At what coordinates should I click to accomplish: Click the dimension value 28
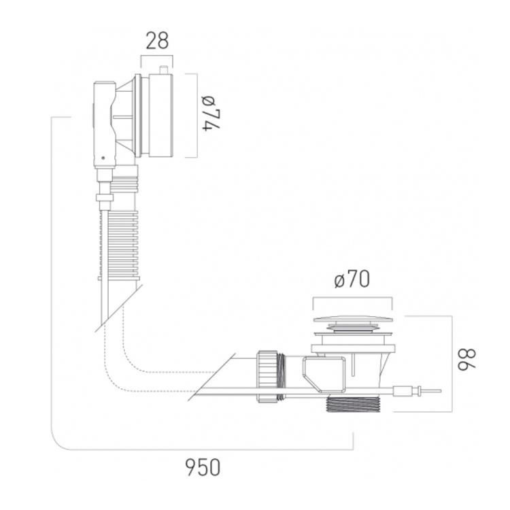point(157,41)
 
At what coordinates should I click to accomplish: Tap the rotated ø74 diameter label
point(214,115)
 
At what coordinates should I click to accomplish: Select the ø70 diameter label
point(352,279)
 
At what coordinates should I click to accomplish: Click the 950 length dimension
point(203,468)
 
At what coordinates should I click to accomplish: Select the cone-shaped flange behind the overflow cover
point(126,116)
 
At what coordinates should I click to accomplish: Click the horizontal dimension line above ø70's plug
point(352,297)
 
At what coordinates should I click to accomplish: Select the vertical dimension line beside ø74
point(197,116)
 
